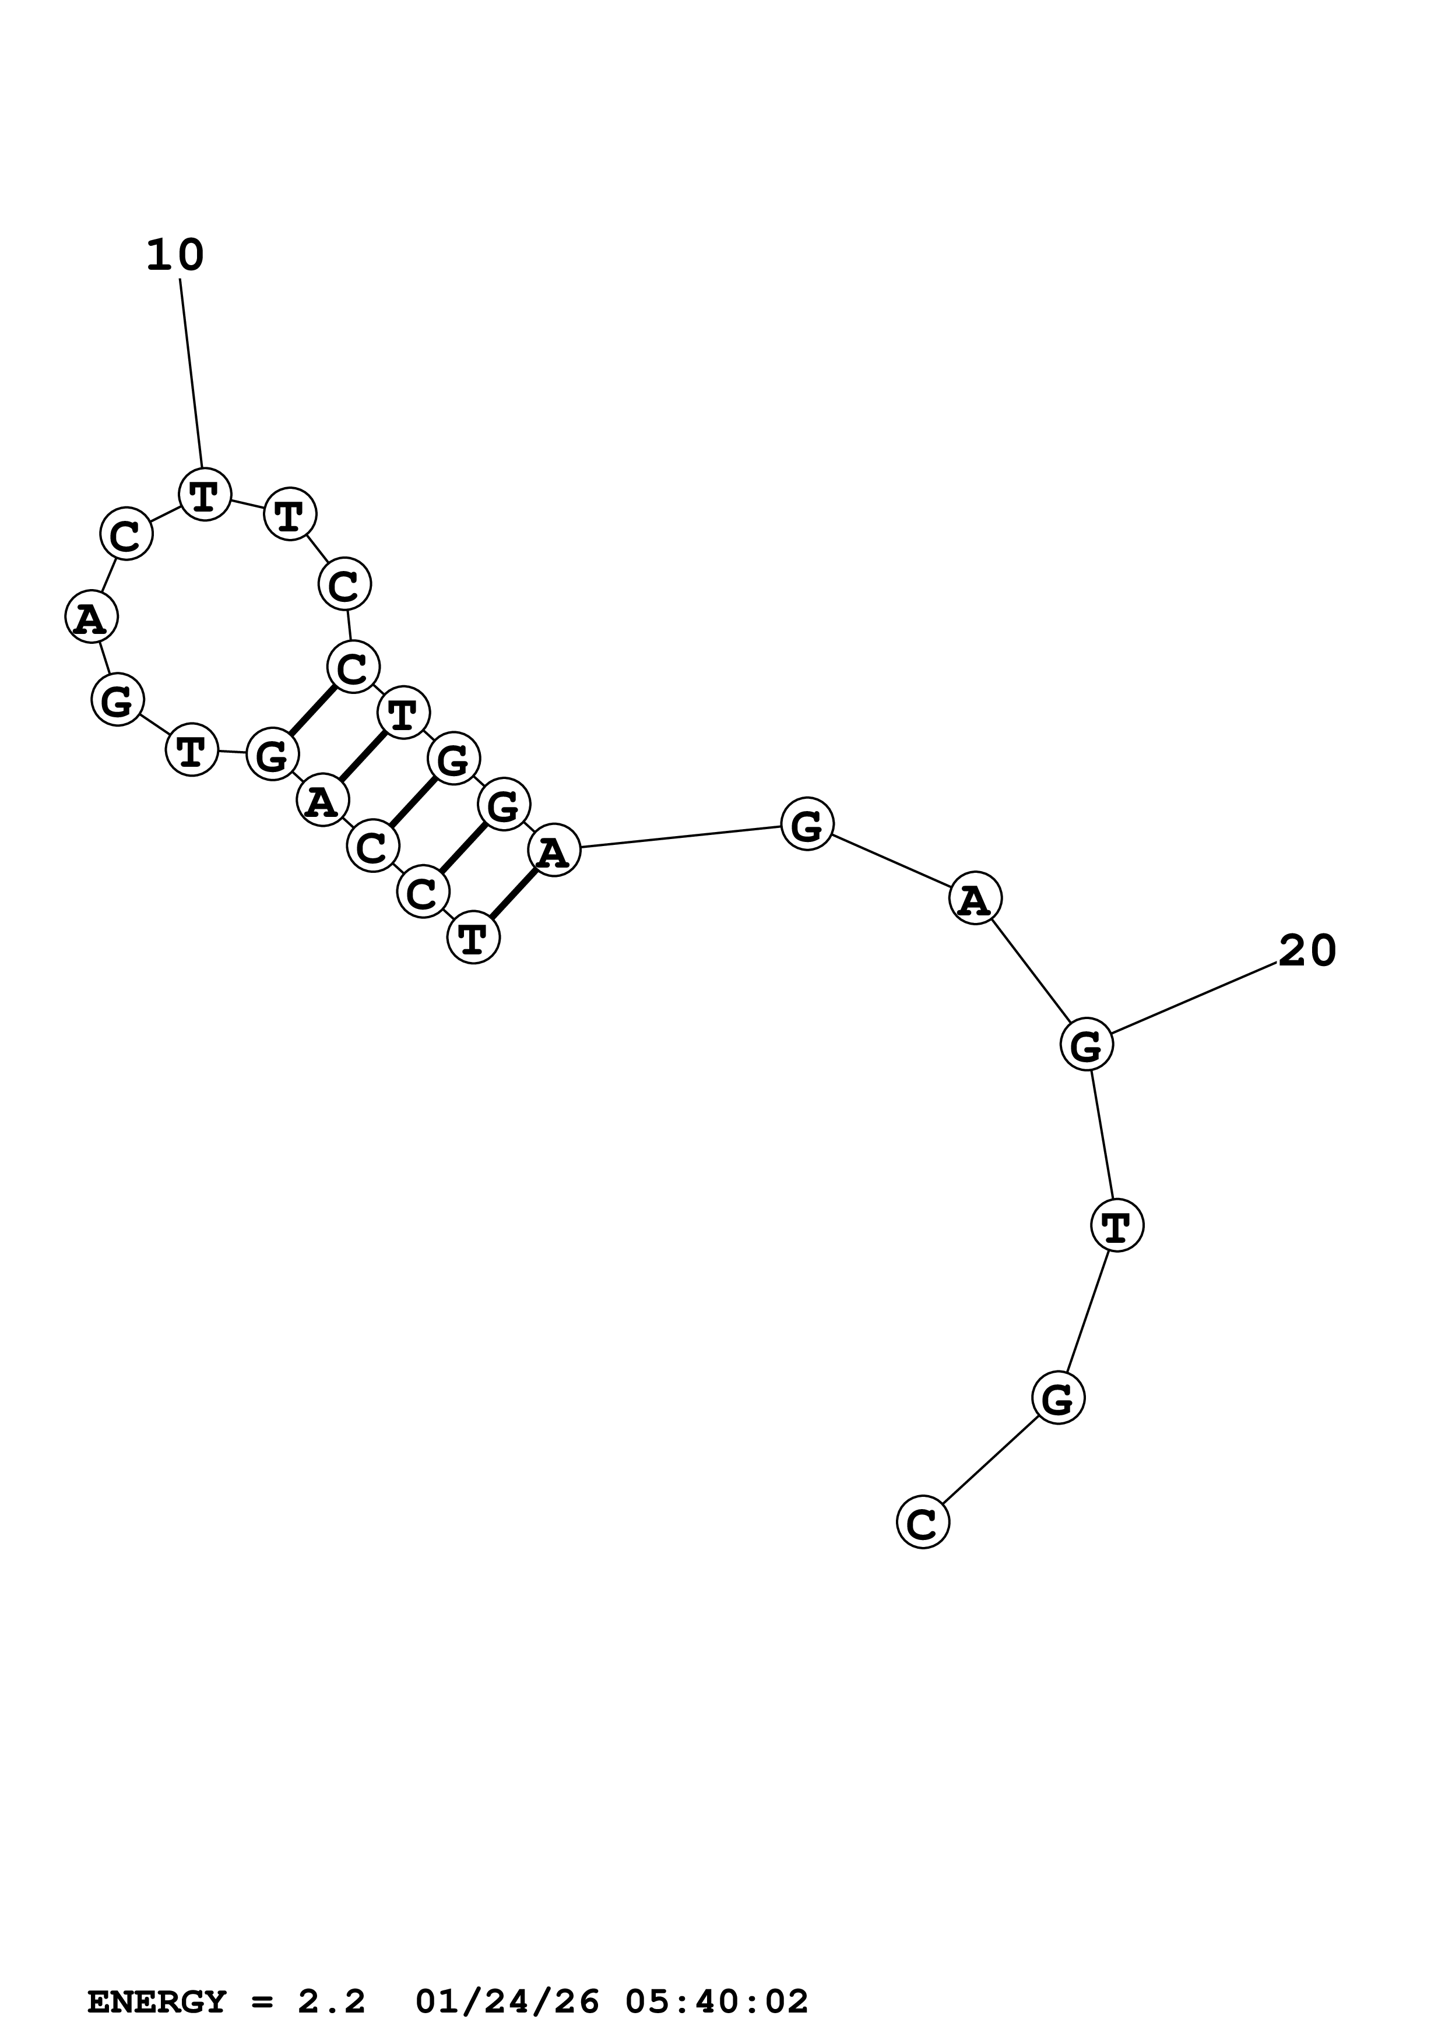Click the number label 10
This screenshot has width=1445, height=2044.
coord(174,255)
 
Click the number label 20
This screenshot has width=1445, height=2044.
coord(1307,951)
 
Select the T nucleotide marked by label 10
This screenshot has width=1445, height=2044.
coord(205,495)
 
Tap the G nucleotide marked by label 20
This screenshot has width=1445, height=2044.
coord(1086,1045)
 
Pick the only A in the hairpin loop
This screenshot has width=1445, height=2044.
coord(91,618)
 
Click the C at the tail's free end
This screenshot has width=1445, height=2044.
coord(922,1523)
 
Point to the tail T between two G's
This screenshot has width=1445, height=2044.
coord(1116,1225)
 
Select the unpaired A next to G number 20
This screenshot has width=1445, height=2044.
coord(975,899)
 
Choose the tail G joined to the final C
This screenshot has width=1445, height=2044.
coord(1058,1398)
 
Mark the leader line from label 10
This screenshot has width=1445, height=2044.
coord(191,374)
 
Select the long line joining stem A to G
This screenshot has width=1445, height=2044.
coord(681,837)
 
